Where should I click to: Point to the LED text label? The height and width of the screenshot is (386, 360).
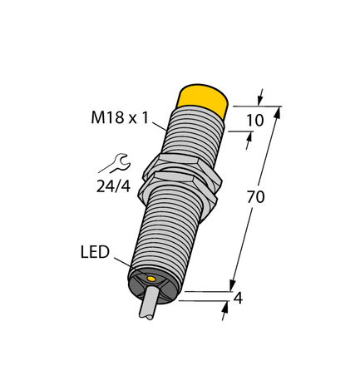[x=94, y=251]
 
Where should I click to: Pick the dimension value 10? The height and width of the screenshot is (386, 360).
[x=257, y=120]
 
